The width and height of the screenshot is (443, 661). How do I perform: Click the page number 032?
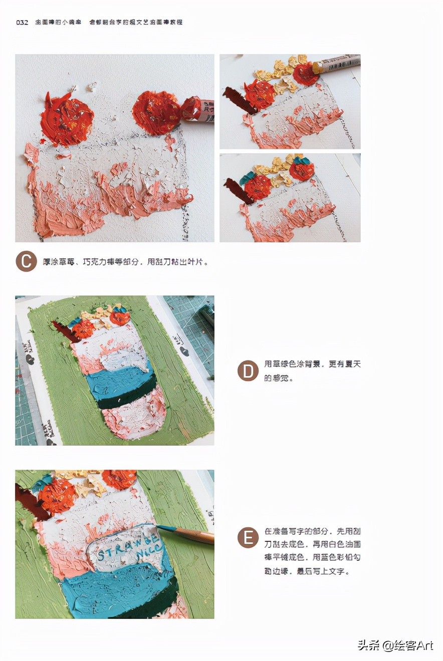[22, 22]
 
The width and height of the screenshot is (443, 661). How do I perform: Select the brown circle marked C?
[26, 261]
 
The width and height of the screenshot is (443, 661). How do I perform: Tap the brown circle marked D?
[248, 371]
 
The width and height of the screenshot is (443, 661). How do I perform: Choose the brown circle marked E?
[248, 537]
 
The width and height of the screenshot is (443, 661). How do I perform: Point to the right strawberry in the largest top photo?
[156, 113]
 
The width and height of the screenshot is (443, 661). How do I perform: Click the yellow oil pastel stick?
[336, 64]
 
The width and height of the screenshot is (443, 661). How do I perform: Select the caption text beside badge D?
[312, 371]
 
